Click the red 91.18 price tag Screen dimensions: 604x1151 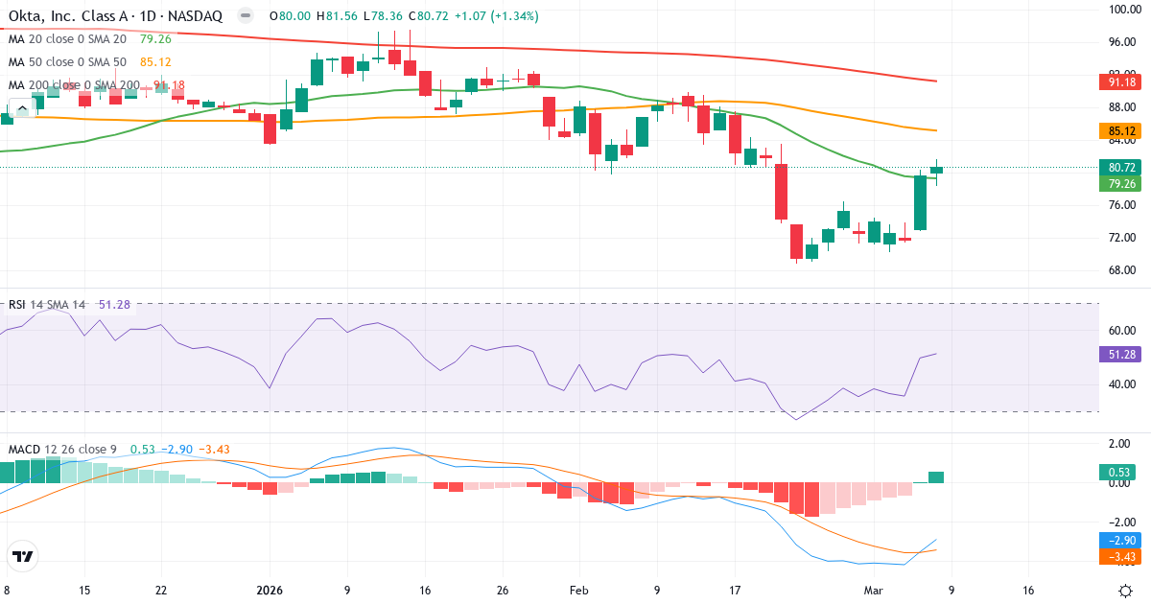coord(1119,82)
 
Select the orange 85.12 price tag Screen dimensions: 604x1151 coord(1119,130)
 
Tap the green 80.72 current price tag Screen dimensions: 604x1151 coord(1119,167)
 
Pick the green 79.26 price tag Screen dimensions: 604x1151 coord(1119,184)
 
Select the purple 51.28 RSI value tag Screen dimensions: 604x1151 coord(1119,354)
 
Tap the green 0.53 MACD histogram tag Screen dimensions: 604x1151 coord(1119,472)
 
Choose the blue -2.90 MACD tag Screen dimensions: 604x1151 coord(1119,541)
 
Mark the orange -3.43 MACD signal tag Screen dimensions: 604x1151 coord(1119,557)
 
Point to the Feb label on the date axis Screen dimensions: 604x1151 coord(577,591)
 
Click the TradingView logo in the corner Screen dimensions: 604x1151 coord(23,556)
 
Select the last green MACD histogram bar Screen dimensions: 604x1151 coord(936,477)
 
